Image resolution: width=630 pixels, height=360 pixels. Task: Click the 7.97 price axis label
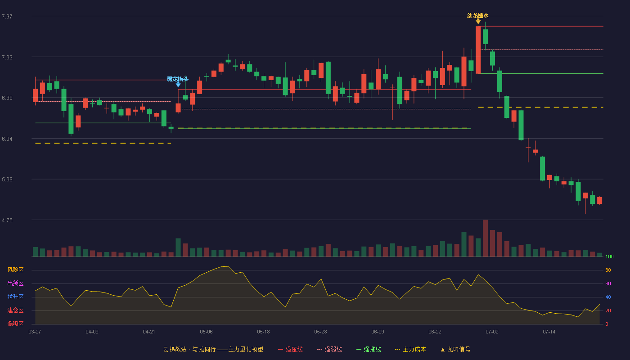pyautogui.click(x=7, y=16)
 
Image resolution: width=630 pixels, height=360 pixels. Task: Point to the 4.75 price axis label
pyautogui.click(x=7, y=220)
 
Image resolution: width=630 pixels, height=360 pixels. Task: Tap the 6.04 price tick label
pyautogui.click(x=7, y=139)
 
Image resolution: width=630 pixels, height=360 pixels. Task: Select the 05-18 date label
pyautogui.click(x=263, y=332)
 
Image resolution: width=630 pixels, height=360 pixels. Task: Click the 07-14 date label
pyautogui.click(x=549, y=332)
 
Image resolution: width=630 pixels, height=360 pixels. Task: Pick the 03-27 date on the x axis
pyautogui.click(x=35, y=332)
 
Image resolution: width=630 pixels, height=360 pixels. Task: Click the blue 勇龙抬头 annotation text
pyautogui.click(x=177, y=79)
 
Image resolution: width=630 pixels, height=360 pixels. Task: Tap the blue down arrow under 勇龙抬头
pyautogui.click(x=178, y=85)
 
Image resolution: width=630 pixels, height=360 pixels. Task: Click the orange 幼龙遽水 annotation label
pyautogui.click(x=478, y=16)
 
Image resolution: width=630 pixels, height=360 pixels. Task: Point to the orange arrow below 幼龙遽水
pyautogui.click(x=478, y=22)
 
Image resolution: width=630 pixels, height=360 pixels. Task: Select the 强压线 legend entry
pyautogui.click(x=290, y=349)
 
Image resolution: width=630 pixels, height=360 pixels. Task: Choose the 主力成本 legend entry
pyautogui.click(x=410, y=349)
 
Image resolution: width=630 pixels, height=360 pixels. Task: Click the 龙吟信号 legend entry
pyautogui.click(x=455, y=349)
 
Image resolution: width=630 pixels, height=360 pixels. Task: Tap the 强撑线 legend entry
pyautogui.click(x=369, y=349)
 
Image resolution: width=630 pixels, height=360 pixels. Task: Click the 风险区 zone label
pyautogui.click(x=15, y=270)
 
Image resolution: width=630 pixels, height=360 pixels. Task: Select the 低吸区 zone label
pyautogui.click(x=15, y=324)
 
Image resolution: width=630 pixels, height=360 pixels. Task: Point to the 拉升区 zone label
pyautogui.click(x=15, y=297)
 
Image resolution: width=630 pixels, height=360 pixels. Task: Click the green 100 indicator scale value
pyautogui.click(x=609, y=256)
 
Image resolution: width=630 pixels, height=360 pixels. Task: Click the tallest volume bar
pyautogui.click(x=485, y=238)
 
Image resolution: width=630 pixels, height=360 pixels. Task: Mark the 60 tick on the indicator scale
pyautogui.click(x=608, y=283)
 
